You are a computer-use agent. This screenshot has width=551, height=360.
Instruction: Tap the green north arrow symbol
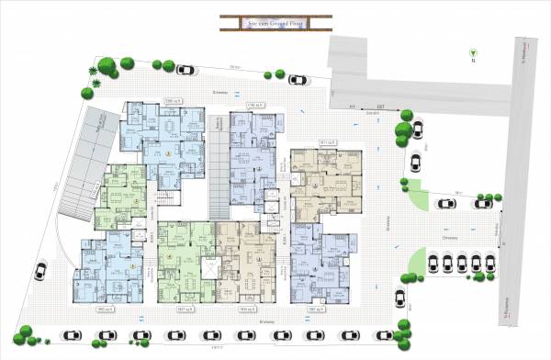pos(473,52)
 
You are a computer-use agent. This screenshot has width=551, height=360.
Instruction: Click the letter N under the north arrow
pos(473,62)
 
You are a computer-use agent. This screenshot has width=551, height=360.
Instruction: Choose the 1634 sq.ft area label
pos(247,309)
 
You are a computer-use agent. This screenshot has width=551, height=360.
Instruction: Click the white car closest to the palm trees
pos(186,70)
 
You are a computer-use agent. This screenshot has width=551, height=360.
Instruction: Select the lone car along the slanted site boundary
pos(40,271)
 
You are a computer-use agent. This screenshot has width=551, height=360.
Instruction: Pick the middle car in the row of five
pos(462,264)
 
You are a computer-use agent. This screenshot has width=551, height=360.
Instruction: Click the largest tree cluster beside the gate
pos(404,130)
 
